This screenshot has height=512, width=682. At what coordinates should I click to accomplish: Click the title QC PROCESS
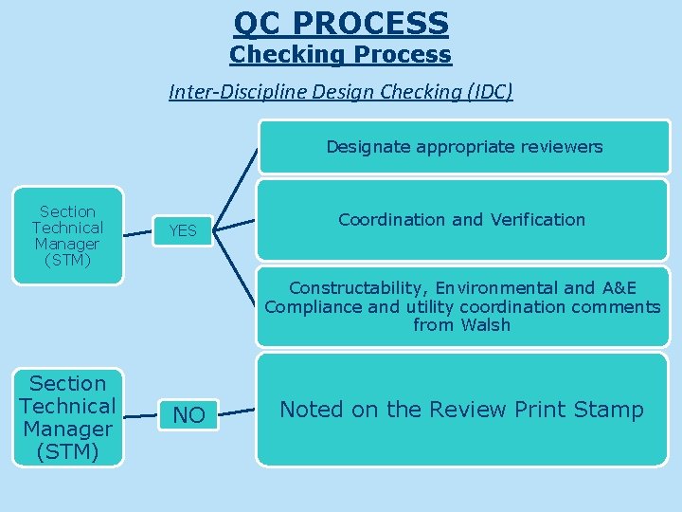tap(341, 22)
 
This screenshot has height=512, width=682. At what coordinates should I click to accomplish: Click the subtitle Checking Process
tap(341, 55)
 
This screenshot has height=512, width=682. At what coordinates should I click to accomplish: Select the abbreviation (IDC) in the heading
tap(482, 92)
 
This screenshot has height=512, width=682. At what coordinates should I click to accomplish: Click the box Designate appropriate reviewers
tap(464, 147)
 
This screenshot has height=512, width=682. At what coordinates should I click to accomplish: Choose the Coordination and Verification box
tap(462, 220)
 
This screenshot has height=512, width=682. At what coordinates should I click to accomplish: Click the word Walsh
tap(485, 325)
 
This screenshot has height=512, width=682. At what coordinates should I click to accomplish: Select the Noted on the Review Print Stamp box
tap(462, 410)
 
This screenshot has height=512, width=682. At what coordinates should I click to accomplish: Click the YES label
tap(182, 230)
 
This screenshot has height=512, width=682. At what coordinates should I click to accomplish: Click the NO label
tap(188, 415)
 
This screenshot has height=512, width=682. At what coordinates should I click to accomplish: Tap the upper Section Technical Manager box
tap(67, 235)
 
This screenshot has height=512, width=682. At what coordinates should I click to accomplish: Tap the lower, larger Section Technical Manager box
tap(67, 417)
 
